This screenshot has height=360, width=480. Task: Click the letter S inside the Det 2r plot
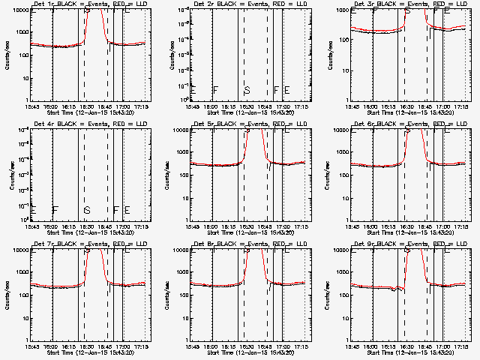tap(247, 90)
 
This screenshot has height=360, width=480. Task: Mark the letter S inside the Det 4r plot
tap(86, 210)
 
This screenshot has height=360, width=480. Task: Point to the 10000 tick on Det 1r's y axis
tap(19, 10)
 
